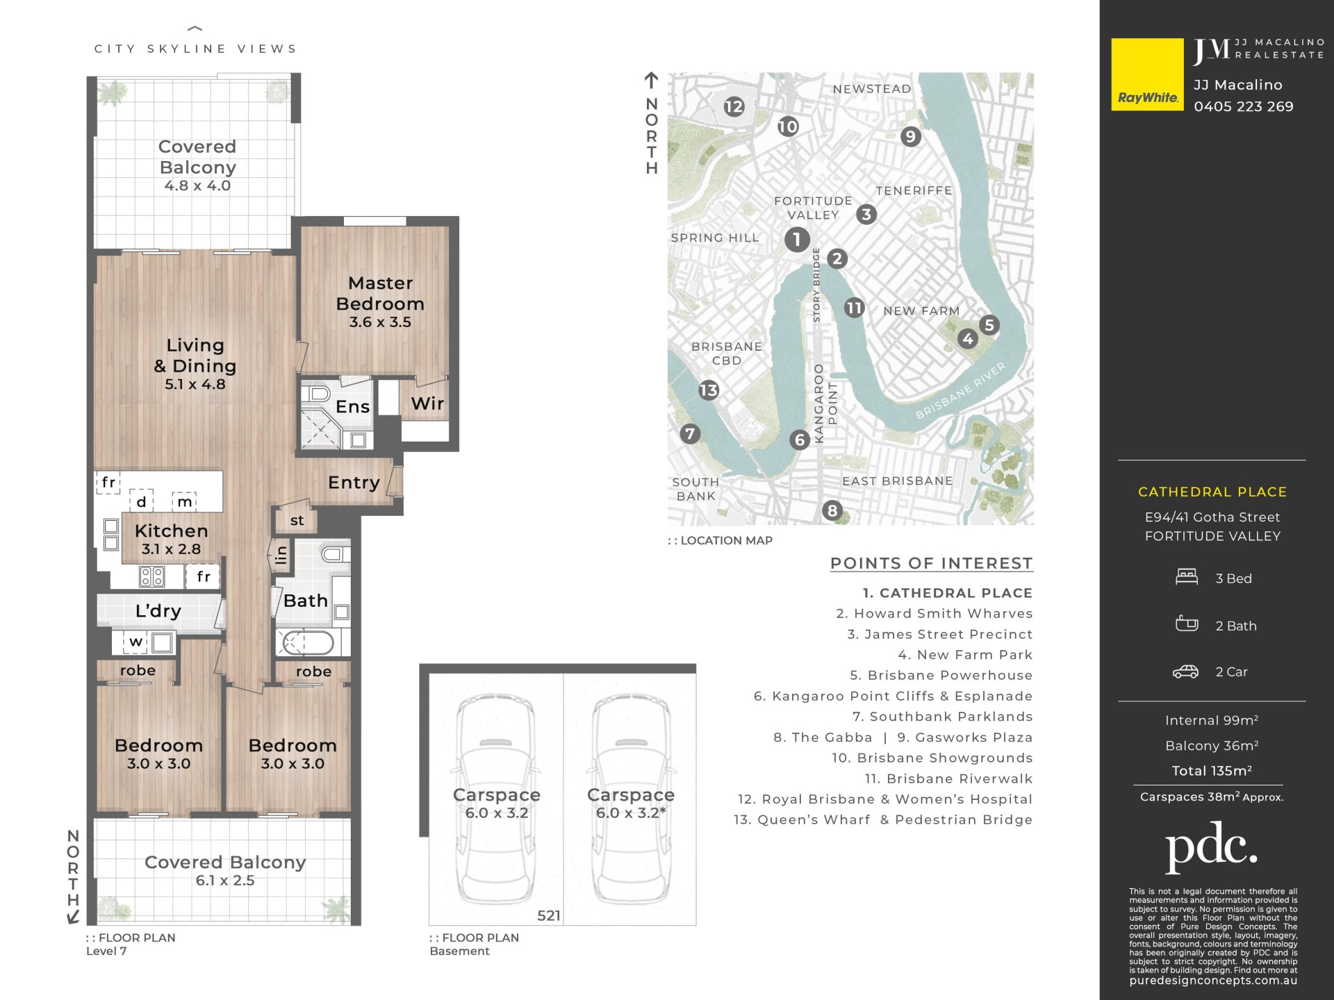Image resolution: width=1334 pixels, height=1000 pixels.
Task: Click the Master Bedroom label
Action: point(380,293)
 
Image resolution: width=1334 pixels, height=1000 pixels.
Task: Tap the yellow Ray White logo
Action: point(1147,74)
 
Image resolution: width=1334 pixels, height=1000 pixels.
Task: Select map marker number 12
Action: point(734,106)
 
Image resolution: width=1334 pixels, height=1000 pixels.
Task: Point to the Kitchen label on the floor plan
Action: point(171,531)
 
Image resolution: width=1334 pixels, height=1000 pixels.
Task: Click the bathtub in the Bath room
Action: point(306,642)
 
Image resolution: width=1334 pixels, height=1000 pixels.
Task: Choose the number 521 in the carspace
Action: point(548,915)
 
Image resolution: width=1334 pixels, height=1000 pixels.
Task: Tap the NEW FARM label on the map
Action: point(921,310)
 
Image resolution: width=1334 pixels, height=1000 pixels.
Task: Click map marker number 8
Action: point(832,510)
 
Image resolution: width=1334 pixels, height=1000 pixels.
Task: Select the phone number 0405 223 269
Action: point(1244,106)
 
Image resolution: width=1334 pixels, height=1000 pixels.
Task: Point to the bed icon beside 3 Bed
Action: point(1187,577)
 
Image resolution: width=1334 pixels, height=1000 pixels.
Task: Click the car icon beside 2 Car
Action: point(1185,672)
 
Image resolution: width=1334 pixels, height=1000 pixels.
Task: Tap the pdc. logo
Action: point(1211,846)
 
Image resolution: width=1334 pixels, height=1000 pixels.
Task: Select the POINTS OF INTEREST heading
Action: point(932,563)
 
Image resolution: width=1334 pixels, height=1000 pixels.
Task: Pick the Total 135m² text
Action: point(1212,770)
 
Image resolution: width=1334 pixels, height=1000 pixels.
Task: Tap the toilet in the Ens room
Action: point(319,394)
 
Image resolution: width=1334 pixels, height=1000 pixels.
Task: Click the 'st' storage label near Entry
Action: point(297,520)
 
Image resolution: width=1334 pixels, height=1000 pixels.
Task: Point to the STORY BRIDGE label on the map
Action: point(816,285)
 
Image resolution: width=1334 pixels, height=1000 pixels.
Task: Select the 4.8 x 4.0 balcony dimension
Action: point(197,185)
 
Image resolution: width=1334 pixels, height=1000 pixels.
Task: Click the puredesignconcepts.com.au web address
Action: point(1213,981)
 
